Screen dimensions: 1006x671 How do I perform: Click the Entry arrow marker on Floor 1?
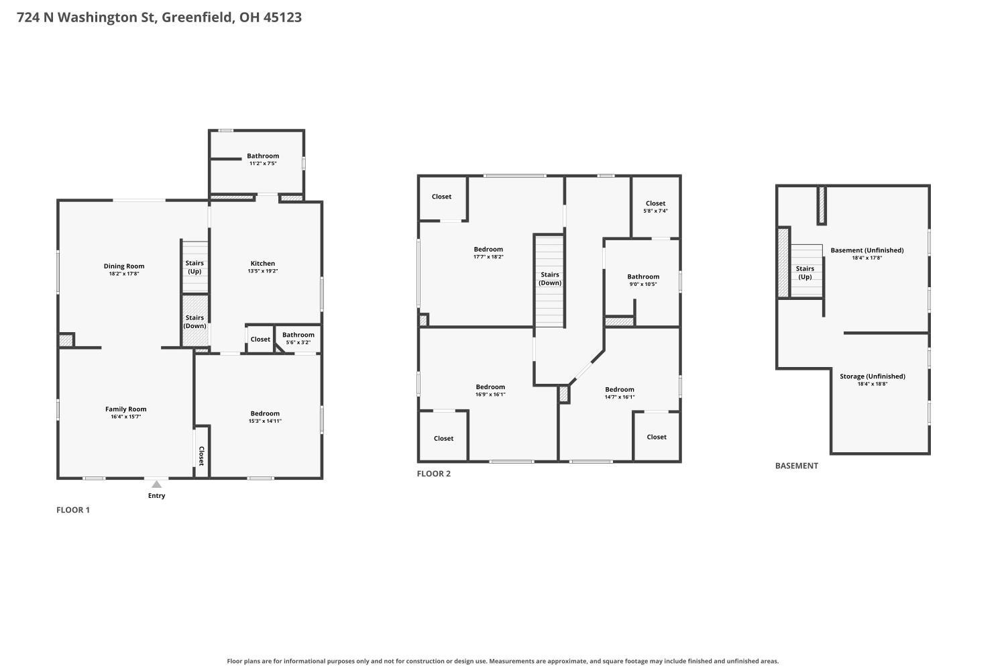(x=156, y=484)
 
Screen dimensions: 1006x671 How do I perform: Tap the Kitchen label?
(x=263, y=263)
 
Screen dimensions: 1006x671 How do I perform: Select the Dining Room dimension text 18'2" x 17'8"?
(x=124, y=274)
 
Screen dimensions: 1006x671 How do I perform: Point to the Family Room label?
(x=126, y=409)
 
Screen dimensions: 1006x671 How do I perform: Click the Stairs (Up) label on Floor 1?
(x=194, y=267)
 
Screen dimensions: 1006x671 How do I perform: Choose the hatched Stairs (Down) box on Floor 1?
(x=195, y=321)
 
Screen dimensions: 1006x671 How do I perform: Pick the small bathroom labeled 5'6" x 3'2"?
(x=298, y=338)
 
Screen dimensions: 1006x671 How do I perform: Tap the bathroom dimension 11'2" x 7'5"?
(x=263, y=164)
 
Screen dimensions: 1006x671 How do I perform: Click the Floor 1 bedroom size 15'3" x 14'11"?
(x=265, y=421)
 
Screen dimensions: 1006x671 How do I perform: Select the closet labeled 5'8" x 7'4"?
(x=656, y=207)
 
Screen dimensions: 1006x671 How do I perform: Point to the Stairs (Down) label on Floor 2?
(x=550, y=278)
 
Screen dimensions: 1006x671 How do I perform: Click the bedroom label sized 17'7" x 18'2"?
(x=488, y=250)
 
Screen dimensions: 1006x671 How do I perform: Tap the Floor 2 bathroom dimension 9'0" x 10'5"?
(x=643, y=284)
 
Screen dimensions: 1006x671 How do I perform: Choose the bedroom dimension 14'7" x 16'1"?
(x=619, y=397)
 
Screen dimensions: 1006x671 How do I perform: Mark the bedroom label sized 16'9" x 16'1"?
(x=490, y=387)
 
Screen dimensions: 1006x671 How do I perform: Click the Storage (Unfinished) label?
(x=873, y=376)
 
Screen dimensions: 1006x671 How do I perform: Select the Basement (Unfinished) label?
(x=867, y=250)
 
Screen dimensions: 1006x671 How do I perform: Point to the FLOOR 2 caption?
(x=433, y=474)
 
